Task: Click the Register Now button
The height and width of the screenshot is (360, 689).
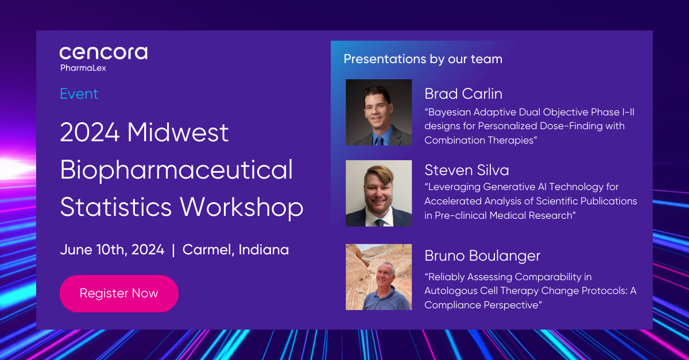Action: pyautogui.click(x=119, y=293)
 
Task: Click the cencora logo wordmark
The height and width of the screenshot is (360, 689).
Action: pyautogui.click(x=103, y=53)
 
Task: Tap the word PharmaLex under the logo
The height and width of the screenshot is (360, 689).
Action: pyautogui.click(x=83, y=68)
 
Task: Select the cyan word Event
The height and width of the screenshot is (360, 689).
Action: pyautogui.click(x=79, y=94)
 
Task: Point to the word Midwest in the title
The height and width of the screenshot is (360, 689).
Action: pyautogui.click(x=178, y=132)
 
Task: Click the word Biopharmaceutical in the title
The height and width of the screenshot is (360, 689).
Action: pyautogui.click(x=176, y=171)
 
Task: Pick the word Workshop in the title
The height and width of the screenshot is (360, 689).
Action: pyautogui.click(x=242, y=208)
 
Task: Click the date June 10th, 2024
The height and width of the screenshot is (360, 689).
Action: pyautogui.click(x=113, y=250)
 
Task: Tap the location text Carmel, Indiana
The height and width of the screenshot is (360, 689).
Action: pyautogui.click(x=235, y=250)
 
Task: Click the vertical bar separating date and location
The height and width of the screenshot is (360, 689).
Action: pyautogui.click(x=173, y=250)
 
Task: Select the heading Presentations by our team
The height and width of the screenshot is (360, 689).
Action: pyautogui.click(x=423, y=59)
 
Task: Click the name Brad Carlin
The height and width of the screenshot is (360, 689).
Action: pyautogui.click(x=463, y=94)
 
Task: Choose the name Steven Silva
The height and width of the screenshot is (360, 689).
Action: pyautogui.click(x=467, y=170)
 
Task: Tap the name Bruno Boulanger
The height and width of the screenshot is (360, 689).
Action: pyautogui.click(x=482, y=256)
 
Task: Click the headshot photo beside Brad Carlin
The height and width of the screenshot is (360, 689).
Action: pyautogui.click(x=378, y=113)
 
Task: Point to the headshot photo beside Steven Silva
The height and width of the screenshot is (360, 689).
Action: pyautogui.click(x=378, y=193)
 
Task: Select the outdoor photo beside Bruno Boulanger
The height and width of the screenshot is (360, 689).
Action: pyautogui.click(x=378, y=277)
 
